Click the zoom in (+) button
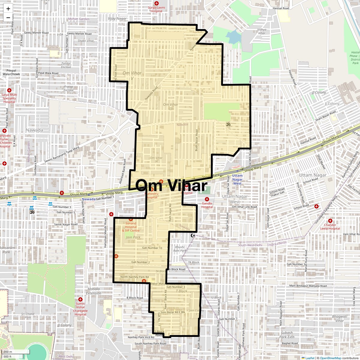[x=8, y=9]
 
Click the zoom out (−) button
[x=8, y=17]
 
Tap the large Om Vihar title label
[x=171, y=186]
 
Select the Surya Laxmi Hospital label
[x=156, y=9]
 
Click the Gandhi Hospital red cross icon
[x=207, y=199]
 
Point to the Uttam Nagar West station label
[x=237, y=179]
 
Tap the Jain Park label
[x=133, y=237]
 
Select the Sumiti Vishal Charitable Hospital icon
[x=80, y=299]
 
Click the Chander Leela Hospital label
[x=330, y=226]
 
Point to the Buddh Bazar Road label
[x=197, y=140]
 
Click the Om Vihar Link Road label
[x=245, y=207]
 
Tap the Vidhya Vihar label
[x=262, y=31]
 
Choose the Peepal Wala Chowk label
[x=11, y=72]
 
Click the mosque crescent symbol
[x=193, y=236]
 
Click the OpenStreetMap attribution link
[x=331, y=358]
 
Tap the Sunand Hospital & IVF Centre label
[x=131, y=227]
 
